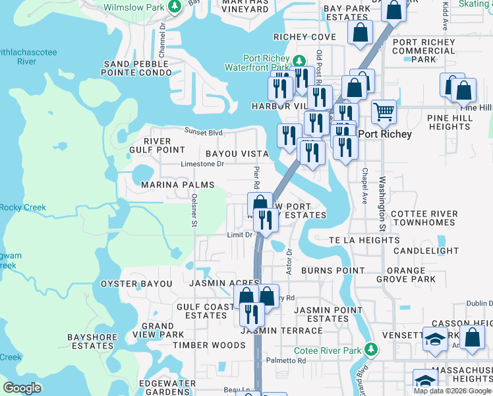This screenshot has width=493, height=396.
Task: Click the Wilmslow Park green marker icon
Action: click(175, 7)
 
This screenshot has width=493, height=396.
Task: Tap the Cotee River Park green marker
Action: click(372, 348)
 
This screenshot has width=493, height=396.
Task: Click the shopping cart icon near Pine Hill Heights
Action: click(384, 112)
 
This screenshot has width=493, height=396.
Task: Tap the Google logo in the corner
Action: click(22, 388)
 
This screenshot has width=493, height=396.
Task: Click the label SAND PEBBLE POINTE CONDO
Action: click(136, 68)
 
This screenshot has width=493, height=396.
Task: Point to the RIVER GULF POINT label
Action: click(157, 145)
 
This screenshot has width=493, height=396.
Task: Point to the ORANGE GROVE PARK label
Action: click(411, 275)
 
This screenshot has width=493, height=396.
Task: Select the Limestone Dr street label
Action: click(204, 164)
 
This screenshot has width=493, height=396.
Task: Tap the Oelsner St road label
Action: click(194, 210)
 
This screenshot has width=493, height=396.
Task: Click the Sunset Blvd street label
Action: click(204, 131)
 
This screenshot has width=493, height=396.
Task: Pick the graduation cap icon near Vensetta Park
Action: click(434, 340)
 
